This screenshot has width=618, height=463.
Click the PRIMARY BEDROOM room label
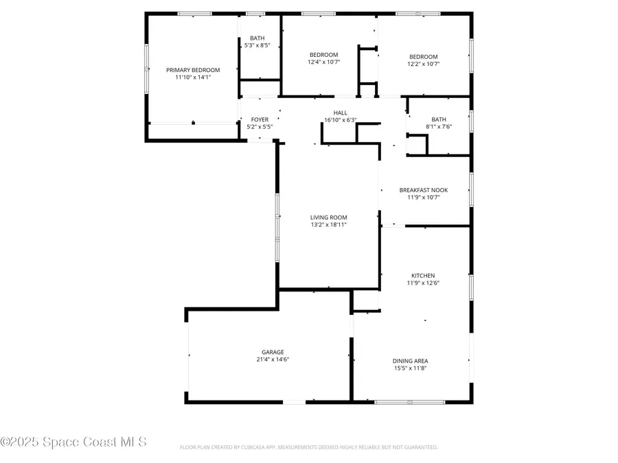(x=193, y=70)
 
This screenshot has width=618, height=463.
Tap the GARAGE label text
(x=272, y=352)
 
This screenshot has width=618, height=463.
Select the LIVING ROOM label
(x=328, y=217)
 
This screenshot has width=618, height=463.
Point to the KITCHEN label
(x=423, y=276)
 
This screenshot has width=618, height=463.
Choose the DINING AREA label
(x=411, y=361)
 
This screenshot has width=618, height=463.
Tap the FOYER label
(x=260, y=119)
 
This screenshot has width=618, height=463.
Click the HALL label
(x=341, y=112)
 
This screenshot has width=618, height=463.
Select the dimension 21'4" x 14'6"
(x=272, y=359)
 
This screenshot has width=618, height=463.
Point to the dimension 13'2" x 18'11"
(x=328, y=224)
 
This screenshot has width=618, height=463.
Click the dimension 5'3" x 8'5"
(x=257, y=46)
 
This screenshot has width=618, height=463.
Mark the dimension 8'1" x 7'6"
(x=438, y=126)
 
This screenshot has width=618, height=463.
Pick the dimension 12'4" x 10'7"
(x=323, y=62)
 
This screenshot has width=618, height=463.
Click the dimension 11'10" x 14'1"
(x=193, y=78)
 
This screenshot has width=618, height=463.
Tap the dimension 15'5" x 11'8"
(x=411, y=368)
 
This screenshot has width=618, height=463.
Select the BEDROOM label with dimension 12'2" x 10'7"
(x=424, y=57)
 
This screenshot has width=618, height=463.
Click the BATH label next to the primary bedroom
(x=257, y=38)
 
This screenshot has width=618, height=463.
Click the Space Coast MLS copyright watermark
(x=74, y=442)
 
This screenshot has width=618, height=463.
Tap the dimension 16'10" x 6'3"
(x=341, y=120)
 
